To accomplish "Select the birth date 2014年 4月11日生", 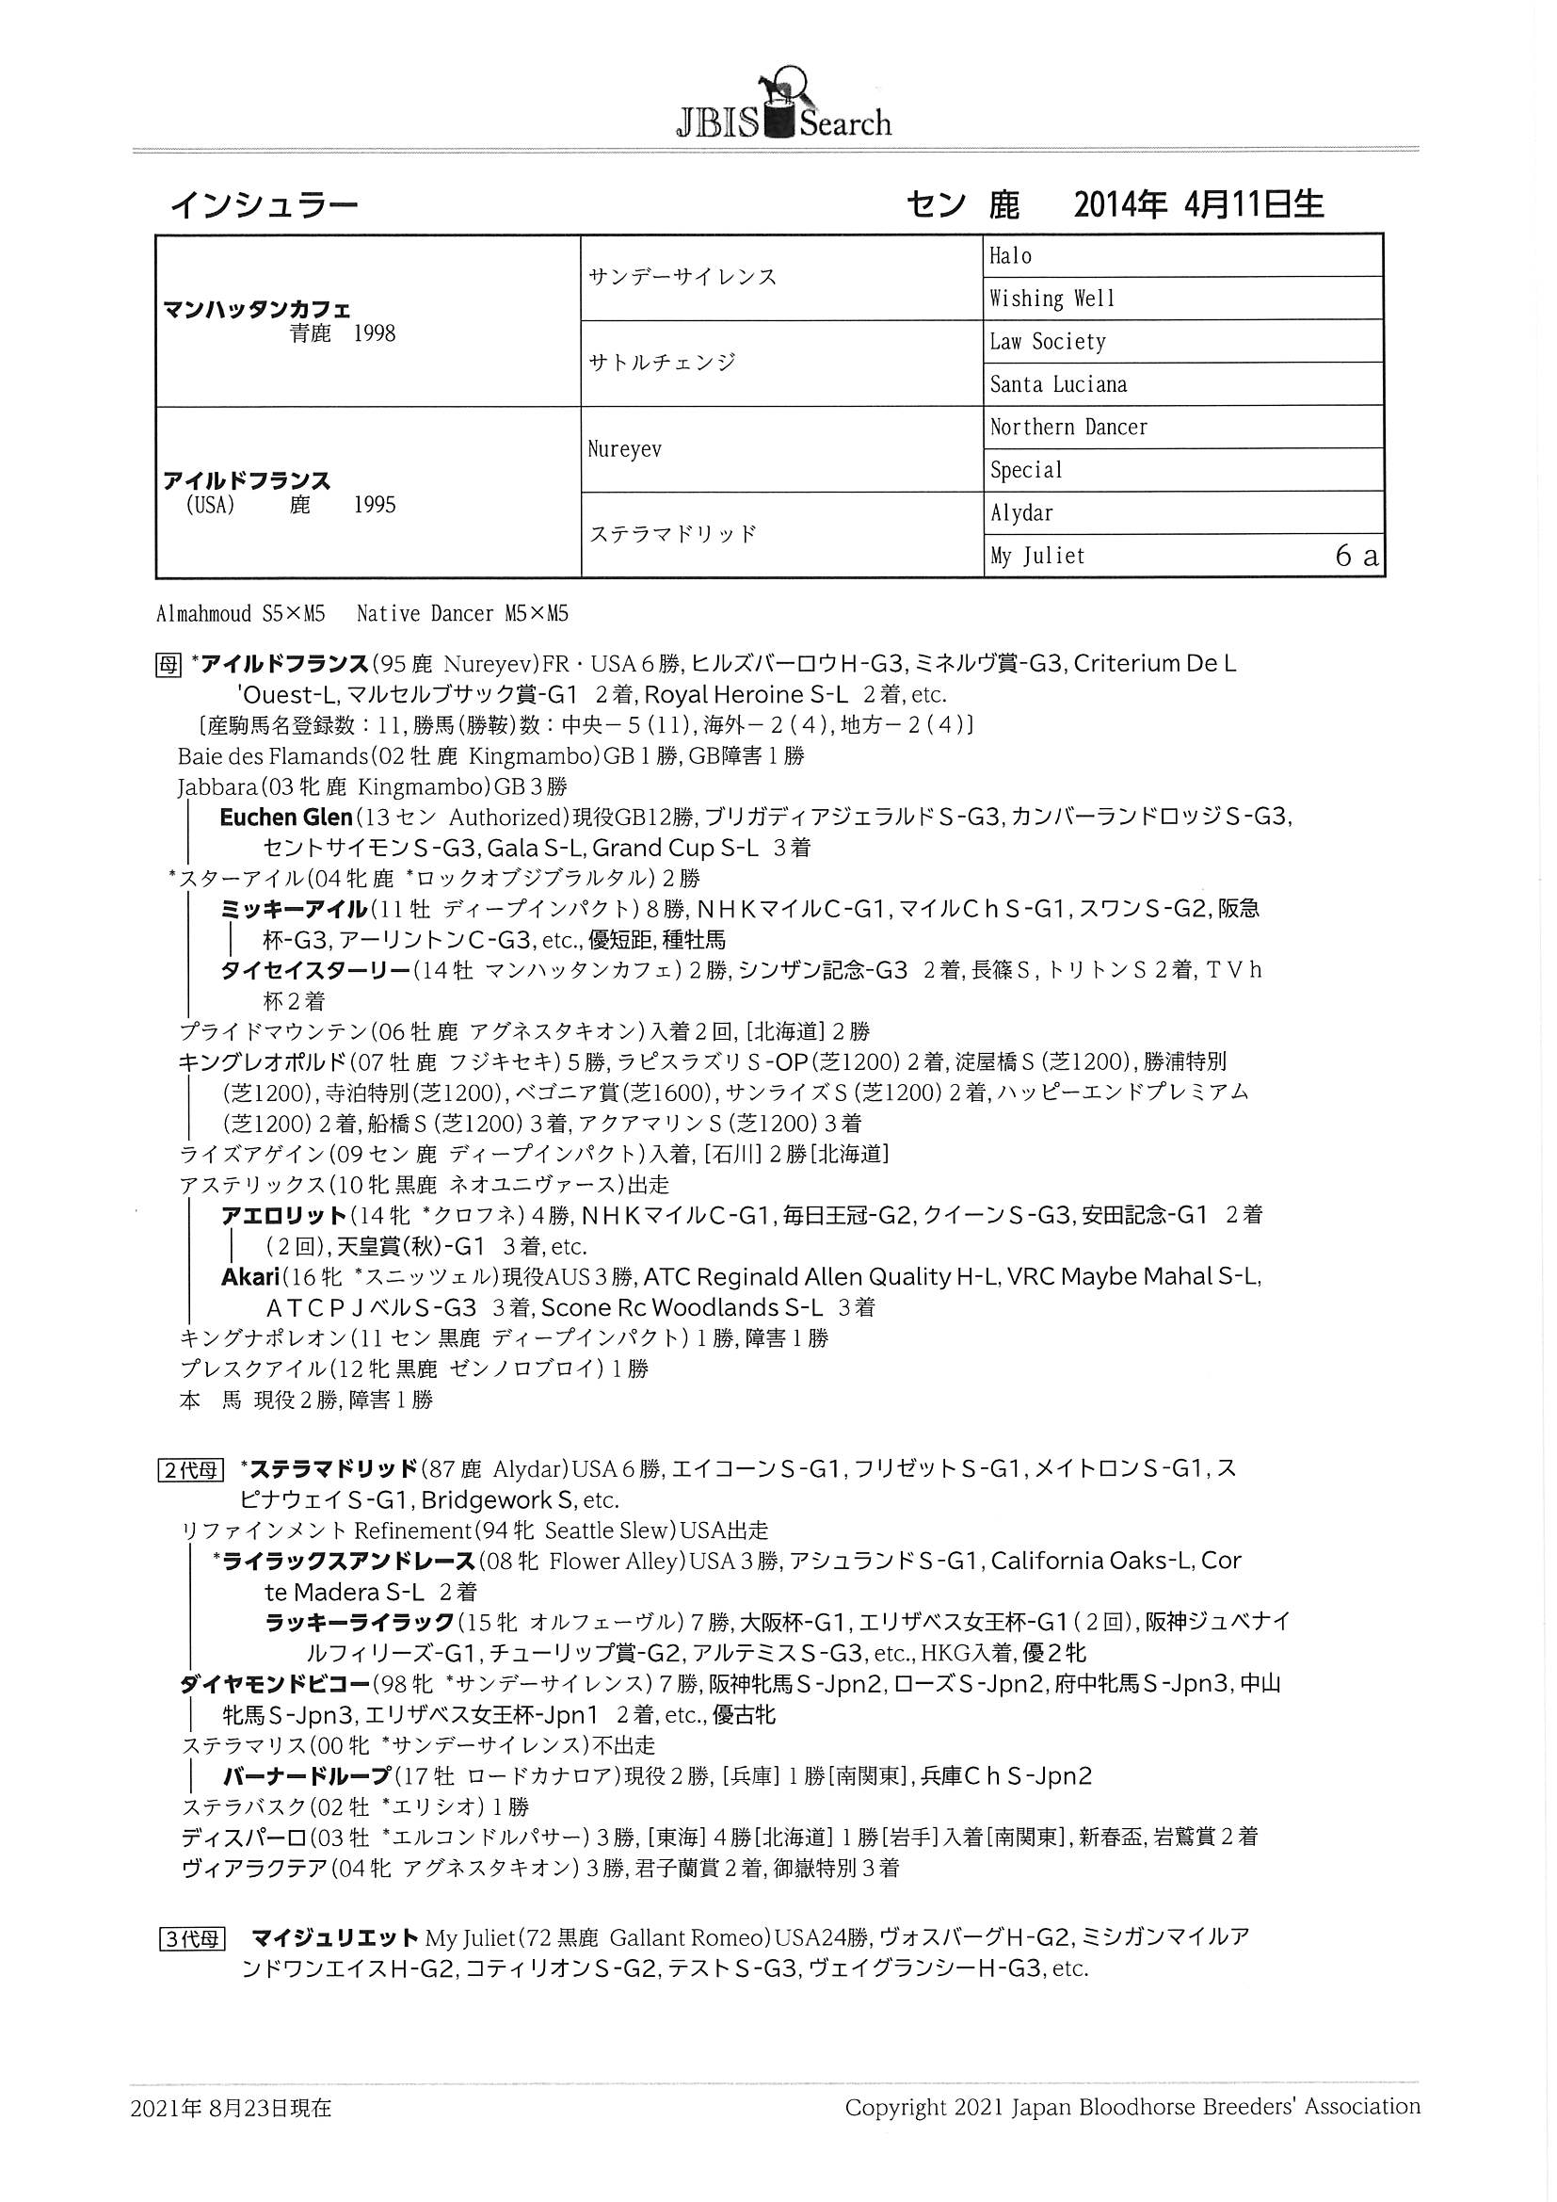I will (x=1197, y=205).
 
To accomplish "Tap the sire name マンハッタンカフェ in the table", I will (x=257, y=310).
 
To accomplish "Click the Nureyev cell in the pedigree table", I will (x=624, y=450).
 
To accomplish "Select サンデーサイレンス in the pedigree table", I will (x=682, y=277).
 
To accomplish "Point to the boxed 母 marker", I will (x=168, y=665).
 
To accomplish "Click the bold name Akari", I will (x=250, y=1276).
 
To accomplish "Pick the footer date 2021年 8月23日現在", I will (x=231, y=2108).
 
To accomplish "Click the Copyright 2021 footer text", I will (x=1132, y=2107).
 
